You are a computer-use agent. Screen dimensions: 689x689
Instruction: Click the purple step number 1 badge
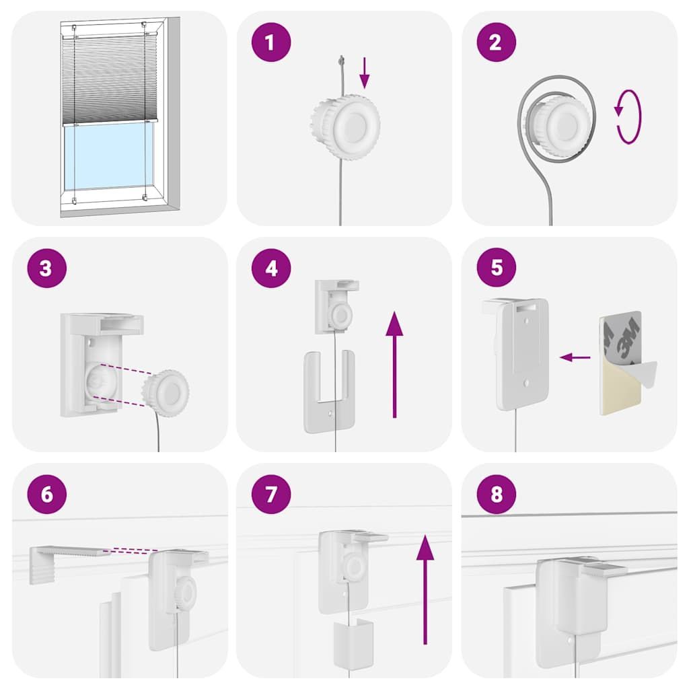(x=271, y=42)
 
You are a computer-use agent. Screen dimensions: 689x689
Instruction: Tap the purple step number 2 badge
(x=496, y=42)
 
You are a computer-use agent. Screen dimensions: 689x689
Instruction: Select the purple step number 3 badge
(x=46, y=268)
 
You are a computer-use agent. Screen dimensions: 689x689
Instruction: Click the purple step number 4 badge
(x=271, y=268)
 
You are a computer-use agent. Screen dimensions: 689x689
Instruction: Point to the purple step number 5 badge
(x=496, y=267)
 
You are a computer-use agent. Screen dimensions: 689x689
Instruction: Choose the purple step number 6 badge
(x=46, y=494)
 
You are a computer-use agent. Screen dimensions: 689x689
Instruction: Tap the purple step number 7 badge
(x=271, y=494)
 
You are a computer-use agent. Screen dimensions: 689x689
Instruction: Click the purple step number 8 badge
(x=496, y=494)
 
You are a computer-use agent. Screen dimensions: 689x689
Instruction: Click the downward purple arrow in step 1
(x=364, y=73)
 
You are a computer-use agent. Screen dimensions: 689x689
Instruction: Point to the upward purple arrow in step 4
(x=394, y=364)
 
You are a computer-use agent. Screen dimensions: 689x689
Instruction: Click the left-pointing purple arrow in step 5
(x=575, y=357)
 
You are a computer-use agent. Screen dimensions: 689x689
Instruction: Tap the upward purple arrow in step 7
(x=425, y=589)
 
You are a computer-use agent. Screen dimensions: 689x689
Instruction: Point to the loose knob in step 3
(x=166, y=393)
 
